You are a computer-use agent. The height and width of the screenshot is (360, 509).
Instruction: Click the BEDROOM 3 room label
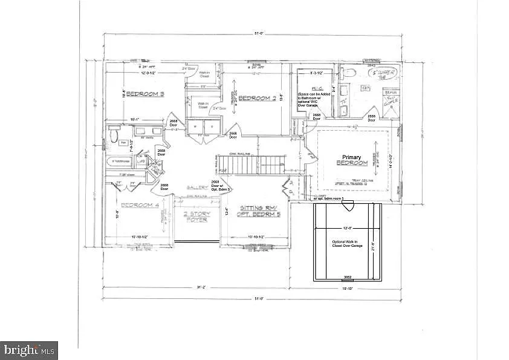point(146,94)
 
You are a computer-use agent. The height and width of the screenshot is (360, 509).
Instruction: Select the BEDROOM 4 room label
point(140,205)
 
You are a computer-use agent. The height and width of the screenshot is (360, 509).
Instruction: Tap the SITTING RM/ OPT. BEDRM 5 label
point(258,210)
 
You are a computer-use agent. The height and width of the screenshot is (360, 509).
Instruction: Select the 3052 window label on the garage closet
point(348,278)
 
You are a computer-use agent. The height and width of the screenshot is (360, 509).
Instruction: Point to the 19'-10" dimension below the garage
point(348,289)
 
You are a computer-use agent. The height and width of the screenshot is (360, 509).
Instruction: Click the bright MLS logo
point(30,349)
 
